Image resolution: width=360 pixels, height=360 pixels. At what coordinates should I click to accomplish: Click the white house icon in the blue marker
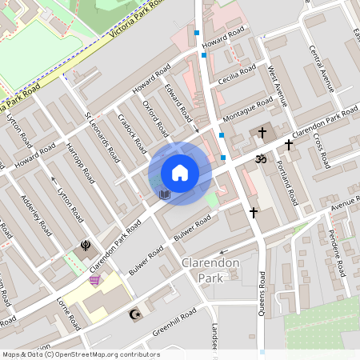[180, 173]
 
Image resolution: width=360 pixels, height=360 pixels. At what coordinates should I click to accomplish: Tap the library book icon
[165, 194]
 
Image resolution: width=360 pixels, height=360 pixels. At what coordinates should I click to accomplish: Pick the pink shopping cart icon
[95, 280]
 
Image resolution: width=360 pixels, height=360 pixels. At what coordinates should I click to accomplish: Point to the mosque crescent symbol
[134, 314]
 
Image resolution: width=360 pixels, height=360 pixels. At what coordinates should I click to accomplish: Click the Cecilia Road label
[240, 74]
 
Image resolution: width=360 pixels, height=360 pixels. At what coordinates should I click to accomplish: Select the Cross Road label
[322, 150]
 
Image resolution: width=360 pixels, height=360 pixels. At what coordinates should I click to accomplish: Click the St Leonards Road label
[102, 137]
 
